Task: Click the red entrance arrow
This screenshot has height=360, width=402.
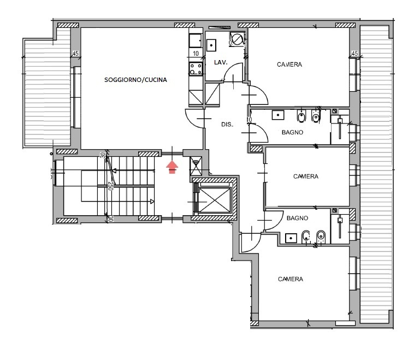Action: (172, 167)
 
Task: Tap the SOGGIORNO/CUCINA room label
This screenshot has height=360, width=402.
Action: (135, 80)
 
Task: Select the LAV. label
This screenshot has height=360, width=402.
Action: (221, 62)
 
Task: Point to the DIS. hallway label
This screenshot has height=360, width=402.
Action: (227, 125)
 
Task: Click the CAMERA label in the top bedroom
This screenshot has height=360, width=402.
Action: (289, 64)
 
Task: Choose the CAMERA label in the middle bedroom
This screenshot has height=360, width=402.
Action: (306, 176)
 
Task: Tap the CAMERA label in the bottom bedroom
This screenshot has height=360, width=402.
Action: (291, 279)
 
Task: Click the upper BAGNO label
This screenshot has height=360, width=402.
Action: (293, 132)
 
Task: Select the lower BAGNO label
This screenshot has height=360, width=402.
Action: (297, 218)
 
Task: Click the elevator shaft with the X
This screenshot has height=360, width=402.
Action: (215, 200)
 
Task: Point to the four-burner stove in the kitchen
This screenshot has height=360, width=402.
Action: (196, 69)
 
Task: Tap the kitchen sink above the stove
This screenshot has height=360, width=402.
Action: (196, 40)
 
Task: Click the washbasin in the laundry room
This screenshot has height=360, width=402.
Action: (211, 45)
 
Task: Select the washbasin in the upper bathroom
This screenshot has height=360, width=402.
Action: (278, 115)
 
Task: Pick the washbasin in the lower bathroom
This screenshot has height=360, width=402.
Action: (291, 238)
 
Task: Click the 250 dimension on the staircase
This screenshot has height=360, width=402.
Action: (110, 186)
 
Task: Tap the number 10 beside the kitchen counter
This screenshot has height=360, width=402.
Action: (196, 54)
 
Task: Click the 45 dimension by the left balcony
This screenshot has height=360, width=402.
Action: (75, 54)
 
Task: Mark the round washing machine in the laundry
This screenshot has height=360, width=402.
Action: (237, 39)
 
